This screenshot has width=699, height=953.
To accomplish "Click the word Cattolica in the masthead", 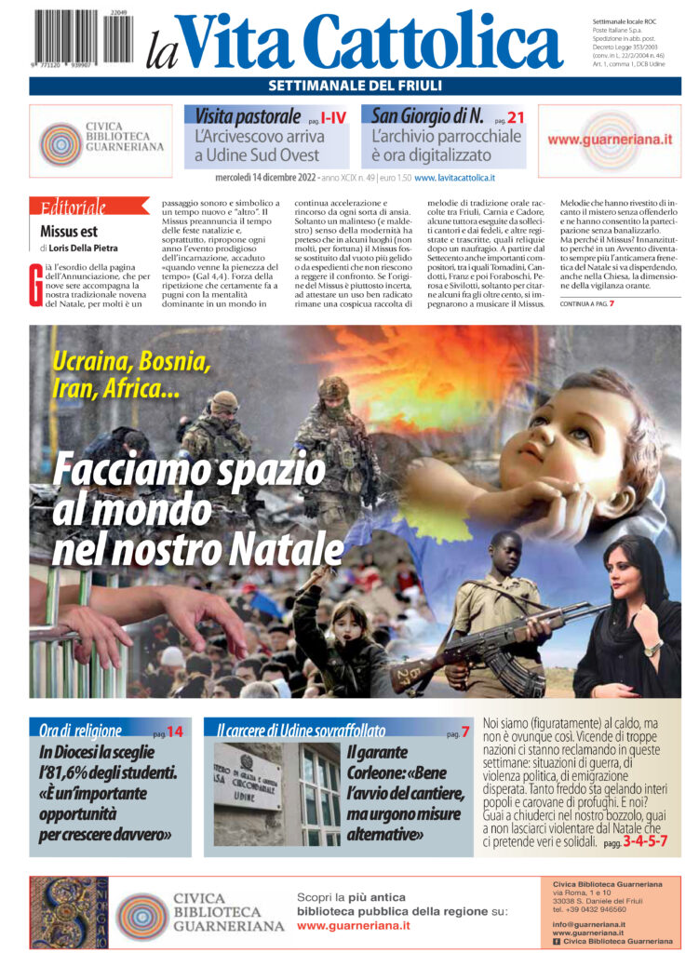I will pyautogui.click(x=433, y=42).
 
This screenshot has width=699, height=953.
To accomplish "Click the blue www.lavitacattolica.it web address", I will pyautogui.click(x=454, y=177).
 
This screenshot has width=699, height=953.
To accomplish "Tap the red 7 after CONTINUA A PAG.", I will pyautogui.click(x=612, y=303).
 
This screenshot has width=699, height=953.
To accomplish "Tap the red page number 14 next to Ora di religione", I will pyautogui.click(x=175, y=732).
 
